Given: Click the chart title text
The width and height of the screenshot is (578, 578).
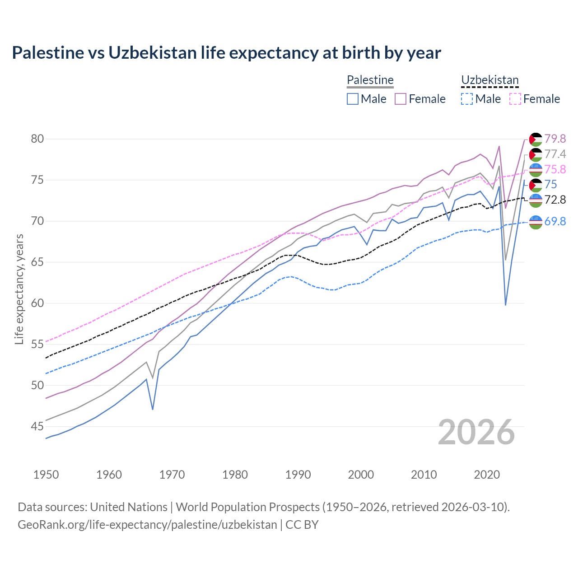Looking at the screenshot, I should (226, 53).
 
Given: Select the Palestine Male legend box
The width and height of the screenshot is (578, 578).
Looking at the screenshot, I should (353, 99).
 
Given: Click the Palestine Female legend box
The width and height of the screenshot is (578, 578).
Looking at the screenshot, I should (401, 99).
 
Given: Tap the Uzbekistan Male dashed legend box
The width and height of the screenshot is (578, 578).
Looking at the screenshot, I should (467, 99).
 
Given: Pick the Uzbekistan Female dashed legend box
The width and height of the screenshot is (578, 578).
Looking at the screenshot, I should (515, 99).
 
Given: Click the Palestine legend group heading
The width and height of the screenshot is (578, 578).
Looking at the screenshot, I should (370, 80).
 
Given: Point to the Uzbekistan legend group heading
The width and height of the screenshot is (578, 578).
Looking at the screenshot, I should (489, 80).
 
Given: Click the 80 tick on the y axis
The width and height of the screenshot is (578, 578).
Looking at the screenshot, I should (37, 139).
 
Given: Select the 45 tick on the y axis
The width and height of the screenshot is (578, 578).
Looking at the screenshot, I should (37, 426).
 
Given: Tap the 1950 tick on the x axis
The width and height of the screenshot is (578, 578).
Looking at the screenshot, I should (46, 475).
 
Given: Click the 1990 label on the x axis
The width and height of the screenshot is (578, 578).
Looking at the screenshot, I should (298, 475).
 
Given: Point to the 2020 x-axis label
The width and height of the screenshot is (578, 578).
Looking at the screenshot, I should (487, 475).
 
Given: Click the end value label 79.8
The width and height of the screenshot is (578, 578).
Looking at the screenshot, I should (555, 139).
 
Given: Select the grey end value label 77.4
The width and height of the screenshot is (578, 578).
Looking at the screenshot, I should (555, 154).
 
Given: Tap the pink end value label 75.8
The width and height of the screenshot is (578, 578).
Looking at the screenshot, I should (555, 169).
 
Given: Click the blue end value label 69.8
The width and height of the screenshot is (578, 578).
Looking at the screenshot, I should (555, 221).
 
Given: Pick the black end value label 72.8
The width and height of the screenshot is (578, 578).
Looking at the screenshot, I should (555, 200).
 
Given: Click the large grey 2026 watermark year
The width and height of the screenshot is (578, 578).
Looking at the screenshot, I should (476, 432).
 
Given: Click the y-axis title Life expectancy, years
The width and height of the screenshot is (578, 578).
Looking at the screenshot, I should (19, 289).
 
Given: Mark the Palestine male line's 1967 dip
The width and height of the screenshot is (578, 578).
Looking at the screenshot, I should (153, 409).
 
